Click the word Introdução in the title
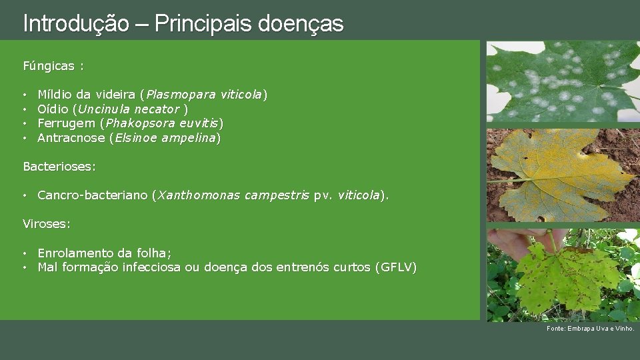[x=75, y=24]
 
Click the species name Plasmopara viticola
[x=205, y=95]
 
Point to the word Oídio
[x=53, y=109]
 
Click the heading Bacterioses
[x=59, y=166]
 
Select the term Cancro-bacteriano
[x=93, y=195]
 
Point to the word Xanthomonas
[x=198, y=195]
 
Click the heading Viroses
[x=46, y=224]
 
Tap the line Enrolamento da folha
[x=104, y=253]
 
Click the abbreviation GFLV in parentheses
[x=396, y=267]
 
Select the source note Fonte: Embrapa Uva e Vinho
[x=590, y=329]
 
